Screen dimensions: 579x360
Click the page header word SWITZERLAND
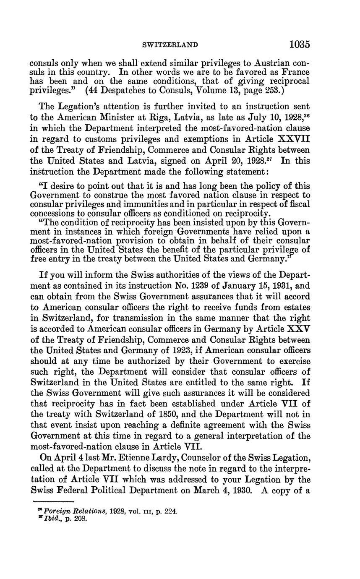(170, 44)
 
